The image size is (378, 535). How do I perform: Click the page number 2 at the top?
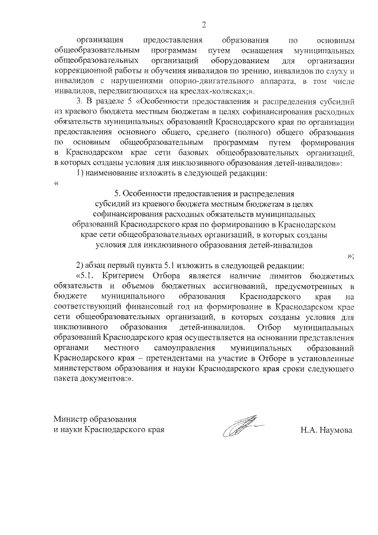[x=204, y=24]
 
